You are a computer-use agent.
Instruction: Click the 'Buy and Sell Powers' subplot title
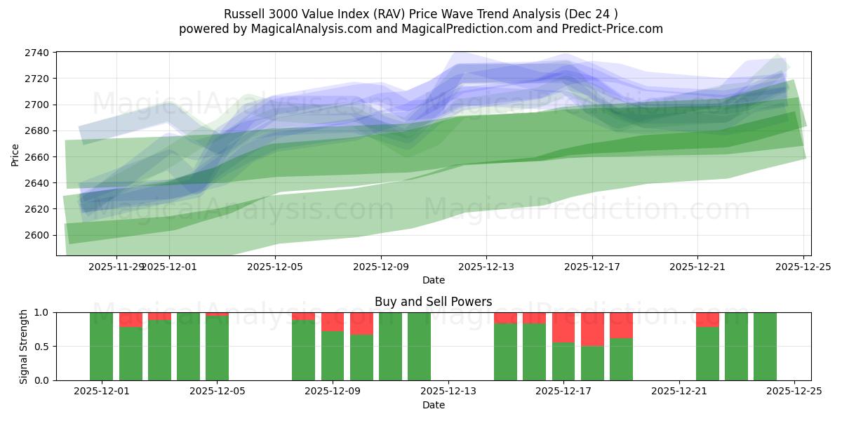point(433,302)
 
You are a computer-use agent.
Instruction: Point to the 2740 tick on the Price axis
point(38,53)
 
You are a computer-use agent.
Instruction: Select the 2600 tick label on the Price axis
point(38,235)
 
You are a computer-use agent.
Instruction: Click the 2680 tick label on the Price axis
point(38,131)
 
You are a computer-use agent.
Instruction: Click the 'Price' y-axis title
point(15,154)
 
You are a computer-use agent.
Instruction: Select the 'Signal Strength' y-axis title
point(24,346)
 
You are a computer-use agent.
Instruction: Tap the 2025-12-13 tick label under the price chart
point(486,267)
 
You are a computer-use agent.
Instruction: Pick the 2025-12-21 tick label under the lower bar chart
point(679,392)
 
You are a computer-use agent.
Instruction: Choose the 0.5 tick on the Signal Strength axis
point(42,347)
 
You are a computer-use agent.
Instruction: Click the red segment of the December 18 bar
point(592,329)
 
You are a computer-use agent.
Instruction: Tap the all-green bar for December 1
point(102,347)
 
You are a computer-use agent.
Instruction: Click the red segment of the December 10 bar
point(361,323)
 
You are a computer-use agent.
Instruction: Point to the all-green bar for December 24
point(765,347)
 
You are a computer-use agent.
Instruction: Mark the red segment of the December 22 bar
point(707,319)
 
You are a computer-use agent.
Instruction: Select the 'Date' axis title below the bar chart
point(433,405)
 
